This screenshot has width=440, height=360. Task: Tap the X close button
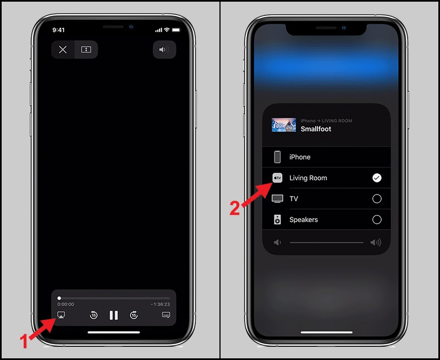63,49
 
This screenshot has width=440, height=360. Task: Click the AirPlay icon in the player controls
61,315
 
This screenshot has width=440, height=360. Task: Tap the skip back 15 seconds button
94,315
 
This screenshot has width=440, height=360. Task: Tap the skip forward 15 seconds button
134,315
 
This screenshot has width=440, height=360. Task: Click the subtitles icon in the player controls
166,315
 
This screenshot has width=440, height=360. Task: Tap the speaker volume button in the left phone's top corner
164,49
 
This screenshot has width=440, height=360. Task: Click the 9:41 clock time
58,29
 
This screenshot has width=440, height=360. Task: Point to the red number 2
235,209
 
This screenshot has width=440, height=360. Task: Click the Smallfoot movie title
316,129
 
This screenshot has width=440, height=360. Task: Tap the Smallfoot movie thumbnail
284,125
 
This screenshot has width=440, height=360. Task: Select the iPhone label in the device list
300,157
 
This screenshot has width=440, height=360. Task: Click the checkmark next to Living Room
377,178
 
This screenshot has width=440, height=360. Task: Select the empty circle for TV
377,199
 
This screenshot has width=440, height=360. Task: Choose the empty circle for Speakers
377,220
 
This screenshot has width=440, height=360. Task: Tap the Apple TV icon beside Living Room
278,178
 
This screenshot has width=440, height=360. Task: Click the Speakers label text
304,220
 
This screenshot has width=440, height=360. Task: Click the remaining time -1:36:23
160,304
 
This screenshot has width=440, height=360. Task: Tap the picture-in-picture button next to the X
86,49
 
